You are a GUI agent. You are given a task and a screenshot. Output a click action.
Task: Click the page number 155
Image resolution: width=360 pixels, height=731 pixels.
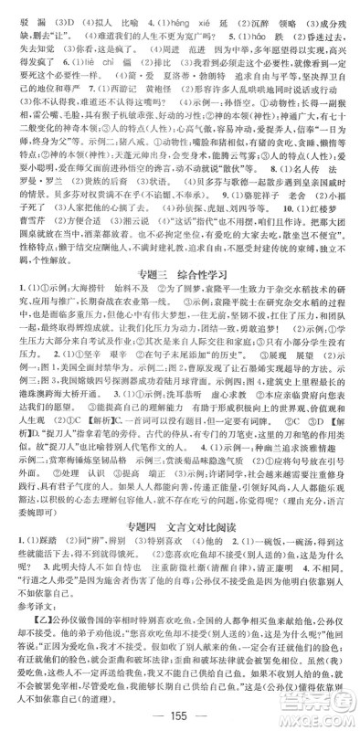[179, 715]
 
